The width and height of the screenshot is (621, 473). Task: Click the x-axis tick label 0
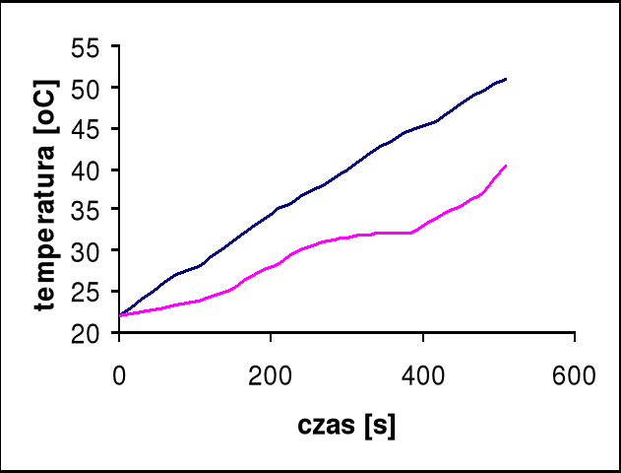click(x=119, y=374)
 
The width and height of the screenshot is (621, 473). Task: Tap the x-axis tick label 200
click(x=271, y=374)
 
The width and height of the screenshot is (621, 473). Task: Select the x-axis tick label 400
click(x=422, y=374)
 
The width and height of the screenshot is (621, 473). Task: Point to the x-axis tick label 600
click(x=574, y=374)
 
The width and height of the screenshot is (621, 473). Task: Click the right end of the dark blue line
click(x=505, y=79)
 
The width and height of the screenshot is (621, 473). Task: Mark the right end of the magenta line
click(x=505, y=166)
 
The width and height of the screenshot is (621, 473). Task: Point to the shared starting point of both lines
click(x=120, y=315)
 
